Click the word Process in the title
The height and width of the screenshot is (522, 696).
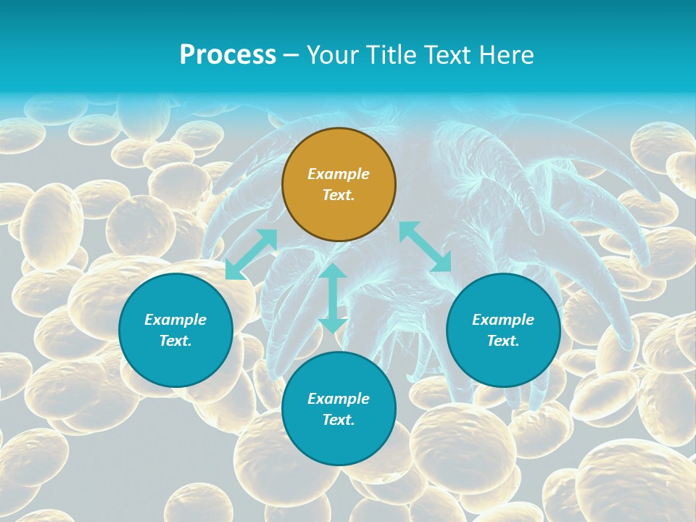[228, 54]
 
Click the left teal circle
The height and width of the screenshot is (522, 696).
[175, 330]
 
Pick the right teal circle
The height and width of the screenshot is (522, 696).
[503, 330]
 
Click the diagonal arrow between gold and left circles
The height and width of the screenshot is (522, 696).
[252, 254]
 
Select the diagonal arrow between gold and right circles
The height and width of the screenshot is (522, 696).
[425, 247]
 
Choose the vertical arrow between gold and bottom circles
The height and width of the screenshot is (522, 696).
[333, 298]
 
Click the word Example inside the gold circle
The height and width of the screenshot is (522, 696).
[339, 174]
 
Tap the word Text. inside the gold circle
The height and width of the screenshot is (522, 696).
[339, 195]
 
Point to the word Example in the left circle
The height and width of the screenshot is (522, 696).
[175, 320]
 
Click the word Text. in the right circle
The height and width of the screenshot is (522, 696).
[503, 341]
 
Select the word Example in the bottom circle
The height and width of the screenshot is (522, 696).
[339, 399]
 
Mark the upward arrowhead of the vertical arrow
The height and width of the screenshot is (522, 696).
[333, 270]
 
